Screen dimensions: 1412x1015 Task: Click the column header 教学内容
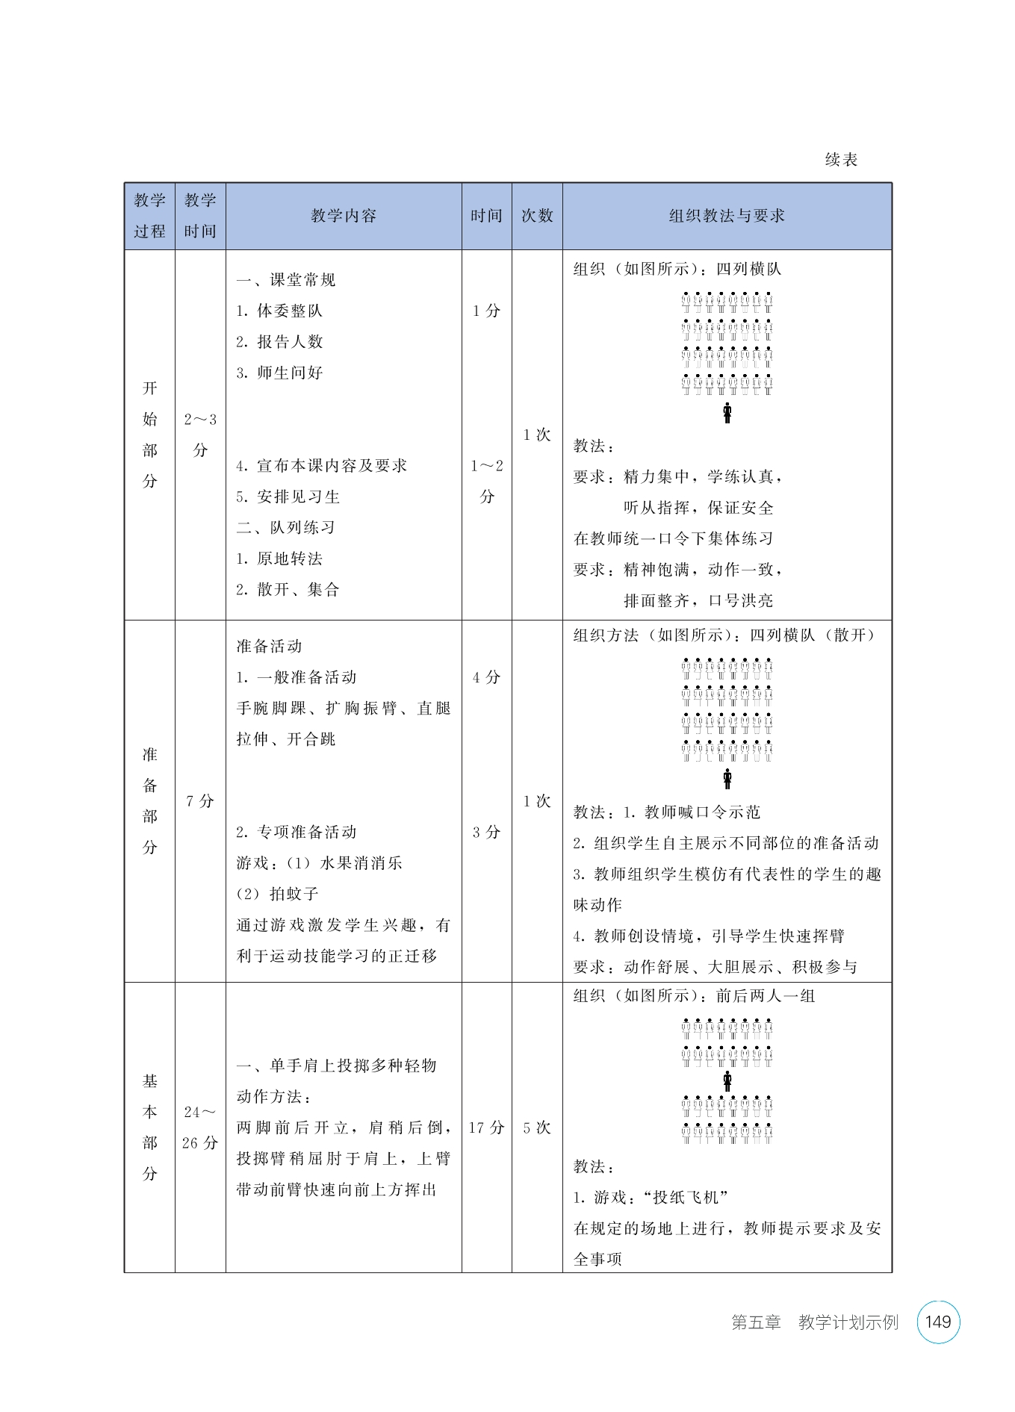pyautogui.click(x=344, y=216)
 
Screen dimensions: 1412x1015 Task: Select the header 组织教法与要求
pyautogui.click(x=727, y=216)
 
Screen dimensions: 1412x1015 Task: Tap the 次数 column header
pyautogui.click(x=537, y=216)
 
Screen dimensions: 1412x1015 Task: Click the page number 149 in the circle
pyautogui.click(x=937, y=1322)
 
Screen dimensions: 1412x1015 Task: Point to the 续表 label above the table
pyautogui.click(x=841, y=160)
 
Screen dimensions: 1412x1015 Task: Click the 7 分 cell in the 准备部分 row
pyautogui.click(x=200, y=801)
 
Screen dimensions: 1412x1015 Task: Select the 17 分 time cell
pyautogui.click(x=486, y=1128)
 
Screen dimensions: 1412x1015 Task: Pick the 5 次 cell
pyautogui.click(x=537, y=1128)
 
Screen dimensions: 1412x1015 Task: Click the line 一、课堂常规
pyautogui.click(x=286, y=280)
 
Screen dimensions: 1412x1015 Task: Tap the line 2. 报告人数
pyautogui.click(x=280, y=342)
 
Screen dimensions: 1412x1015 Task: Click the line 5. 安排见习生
pyautogui.click(x=288, y=497)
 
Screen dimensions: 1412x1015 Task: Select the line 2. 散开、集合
pyautogui.click(x=288, y=590)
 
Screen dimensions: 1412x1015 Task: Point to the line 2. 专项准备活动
pyautogui.click(x=297, y=832)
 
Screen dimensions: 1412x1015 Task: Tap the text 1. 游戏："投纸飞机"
pyautogui.click(x=651, y=1198)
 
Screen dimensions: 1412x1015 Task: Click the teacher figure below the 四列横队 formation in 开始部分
pyautogui.click(x=727, y=413)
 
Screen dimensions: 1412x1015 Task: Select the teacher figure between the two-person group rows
pyautogui.click(x=727, y=1080)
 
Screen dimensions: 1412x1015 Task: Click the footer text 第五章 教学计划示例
pyautogui.click(x=814, y=1322)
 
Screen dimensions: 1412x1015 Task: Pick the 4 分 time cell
pyautogui.click(x=486, y=677)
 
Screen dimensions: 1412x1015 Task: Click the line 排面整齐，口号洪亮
pyautogui.click(x=698, y=600)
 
